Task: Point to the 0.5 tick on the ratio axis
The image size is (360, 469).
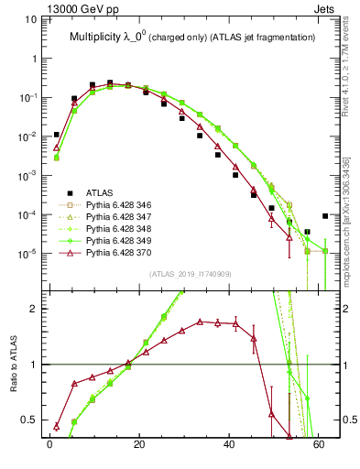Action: pos(30,420)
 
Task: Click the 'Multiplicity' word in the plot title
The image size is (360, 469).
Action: pos(100,38)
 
